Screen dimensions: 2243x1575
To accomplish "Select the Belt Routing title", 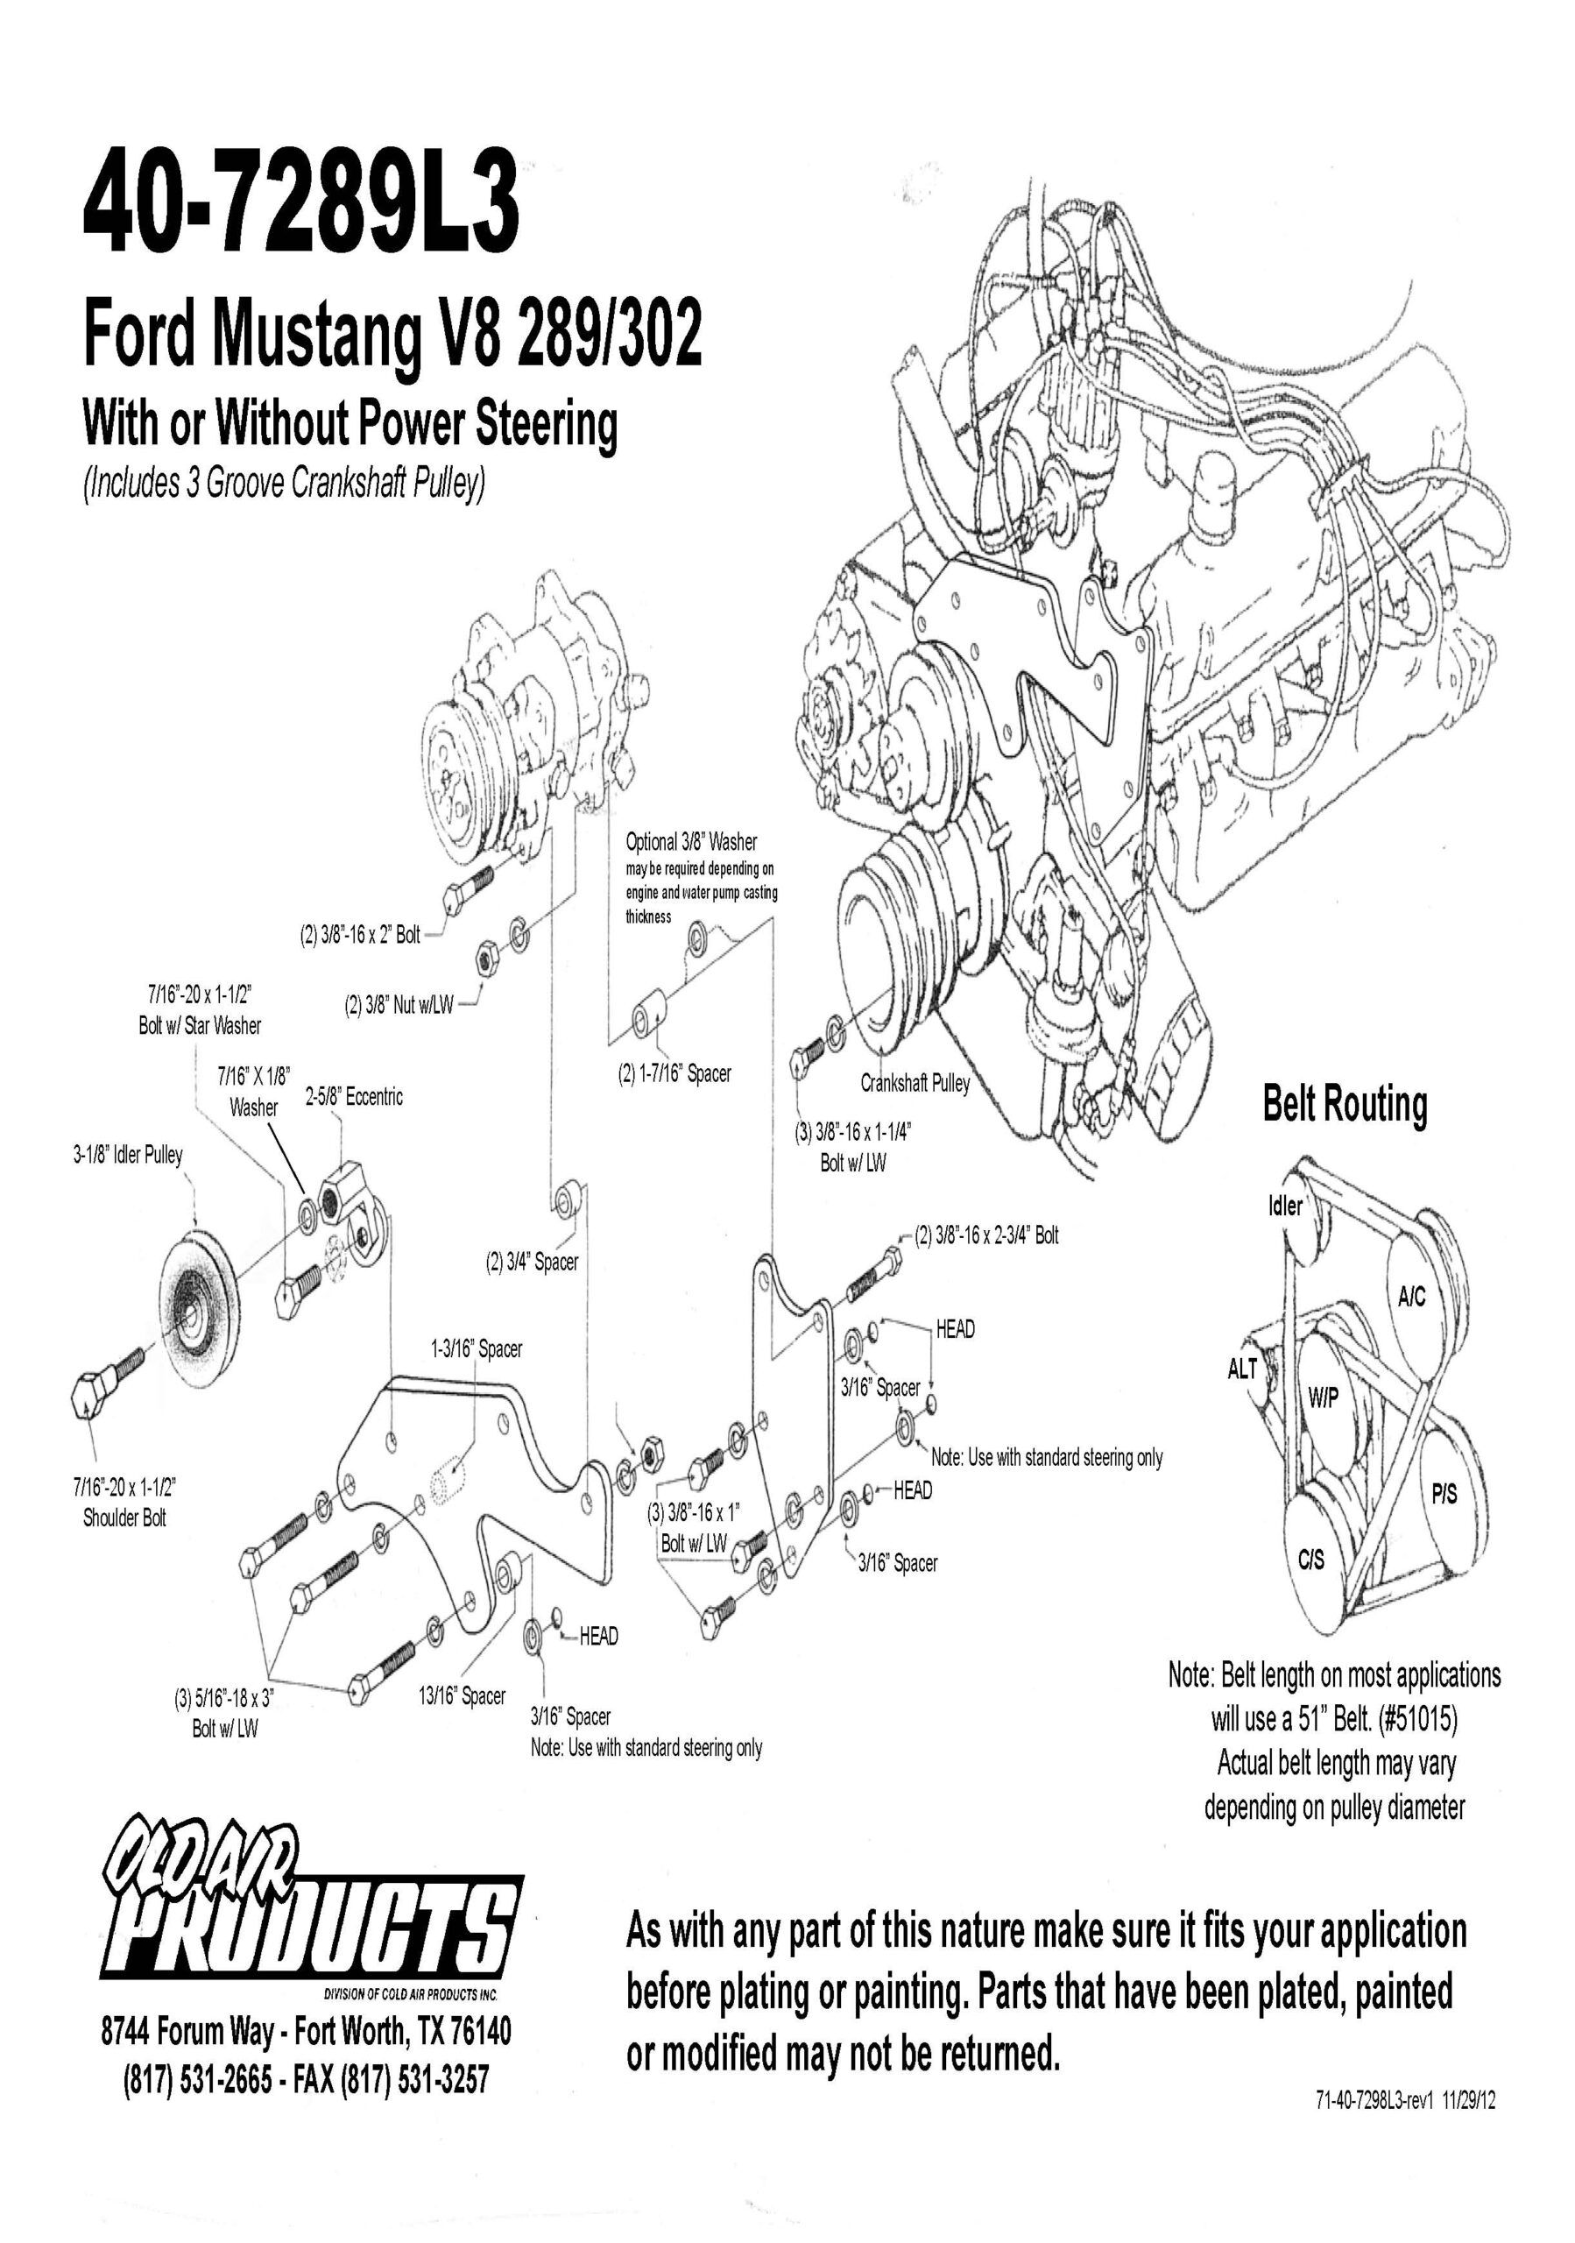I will tap(1345, 1104).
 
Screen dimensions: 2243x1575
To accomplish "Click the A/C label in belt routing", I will tap(1411, 1297).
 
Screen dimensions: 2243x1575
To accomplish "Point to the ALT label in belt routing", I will tap(1242, 1369).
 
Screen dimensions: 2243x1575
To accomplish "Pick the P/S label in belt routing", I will tap(1444, 1494).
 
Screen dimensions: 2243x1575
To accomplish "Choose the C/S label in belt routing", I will tap(1311, 1560).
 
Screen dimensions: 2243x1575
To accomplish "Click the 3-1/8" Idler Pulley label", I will tap(127, 1155).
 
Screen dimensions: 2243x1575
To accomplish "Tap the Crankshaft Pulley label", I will tap(915, 1082).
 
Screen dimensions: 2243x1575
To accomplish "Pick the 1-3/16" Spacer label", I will tap(477, 1349).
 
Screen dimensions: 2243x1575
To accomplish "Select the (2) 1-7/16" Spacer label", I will tap(674, 1073).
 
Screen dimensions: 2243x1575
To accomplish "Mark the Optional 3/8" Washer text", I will tap(691, 842).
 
